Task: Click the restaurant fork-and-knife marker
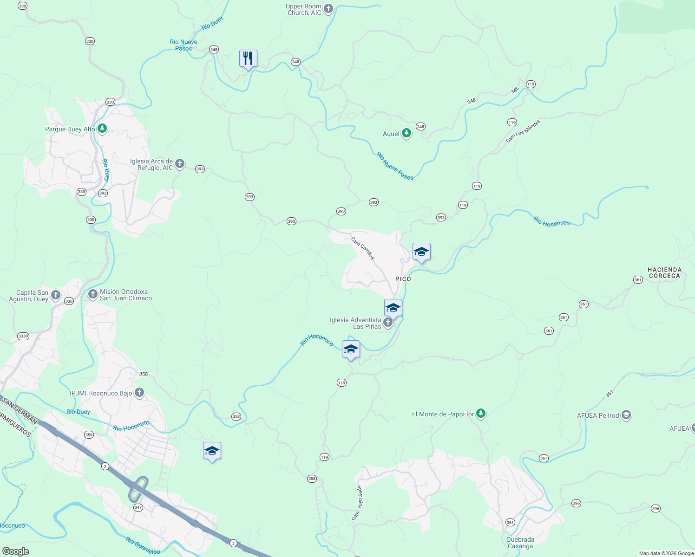point(248,58)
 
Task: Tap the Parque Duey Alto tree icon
point(102,129)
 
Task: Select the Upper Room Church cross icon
point(328,9)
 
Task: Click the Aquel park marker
point(407,133)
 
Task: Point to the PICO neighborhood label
point(403,279)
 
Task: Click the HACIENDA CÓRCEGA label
point(664,272)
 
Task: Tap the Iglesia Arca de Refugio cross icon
point(180,164)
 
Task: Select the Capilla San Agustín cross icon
point(56,295)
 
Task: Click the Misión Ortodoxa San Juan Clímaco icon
point(92,294)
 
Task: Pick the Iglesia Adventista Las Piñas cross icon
point(387,322)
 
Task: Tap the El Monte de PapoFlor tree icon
point(481,413)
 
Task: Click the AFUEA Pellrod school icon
point(626,415)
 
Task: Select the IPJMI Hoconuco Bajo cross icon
point(139,393)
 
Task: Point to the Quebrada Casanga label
point(520,543)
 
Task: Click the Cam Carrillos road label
point(362,248)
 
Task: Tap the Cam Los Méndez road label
point(523,131)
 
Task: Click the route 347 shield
point(138,507)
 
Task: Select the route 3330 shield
point(23,336)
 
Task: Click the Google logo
point(15,551)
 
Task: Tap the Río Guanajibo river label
point(143,545)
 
